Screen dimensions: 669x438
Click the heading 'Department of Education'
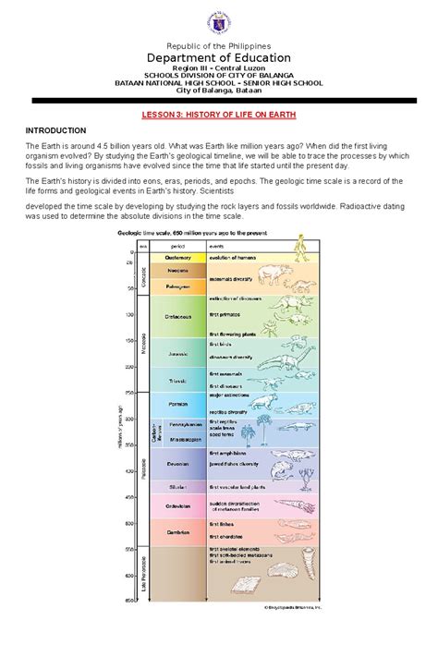click(x=218, y=57)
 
